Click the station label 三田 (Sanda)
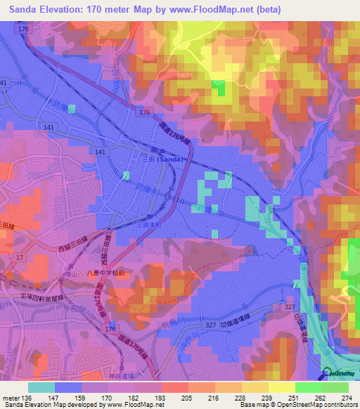pyautogui.click(x=168, y=160)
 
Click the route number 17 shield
pyautogui.click(x=19, y=258)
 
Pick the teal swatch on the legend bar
pyautogui.click(x=41, y=387)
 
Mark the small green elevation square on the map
pyautogui.click(x=220, y=88)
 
